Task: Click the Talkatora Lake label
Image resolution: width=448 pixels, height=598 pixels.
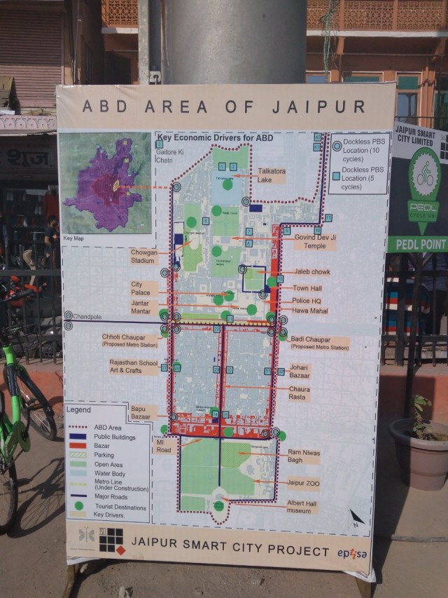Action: pos(271,175)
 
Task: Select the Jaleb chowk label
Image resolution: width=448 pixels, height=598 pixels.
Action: pos(311,272)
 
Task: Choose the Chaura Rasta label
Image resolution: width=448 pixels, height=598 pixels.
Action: pos(299,393)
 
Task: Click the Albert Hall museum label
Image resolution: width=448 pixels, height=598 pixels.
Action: pos(302,507)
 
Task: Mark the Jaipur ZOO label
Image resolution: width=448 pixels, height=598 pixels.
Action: pos(303,483)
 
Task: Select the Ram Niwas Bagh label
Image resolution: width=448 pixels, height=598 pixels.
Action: pos(303,457)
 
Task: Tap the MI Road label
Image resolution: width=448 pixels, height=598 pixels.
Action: pos(164,446)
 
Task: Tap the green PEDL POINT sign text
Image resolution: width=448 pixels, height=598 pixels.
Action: pos(419,244)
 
